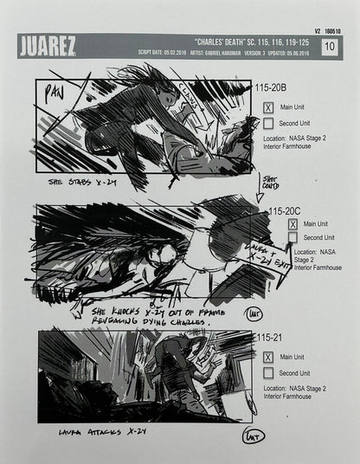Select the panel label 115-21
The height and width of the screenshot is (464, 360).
[x=268, y=338]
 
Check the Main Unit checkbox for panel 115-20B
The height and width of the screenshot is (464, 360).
[x=269, y=107]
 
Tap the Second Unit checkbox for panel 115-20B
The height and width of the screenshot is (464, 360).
[x=269, y=123]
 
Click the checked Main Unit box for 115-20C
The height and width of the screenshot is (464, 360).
[x=293, y=223]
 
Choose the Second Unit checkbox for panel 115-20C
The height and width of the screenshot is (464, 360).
[x=293, y=237]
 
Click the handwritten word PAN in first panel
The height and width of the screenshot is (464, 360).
[x=55, y=91]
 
